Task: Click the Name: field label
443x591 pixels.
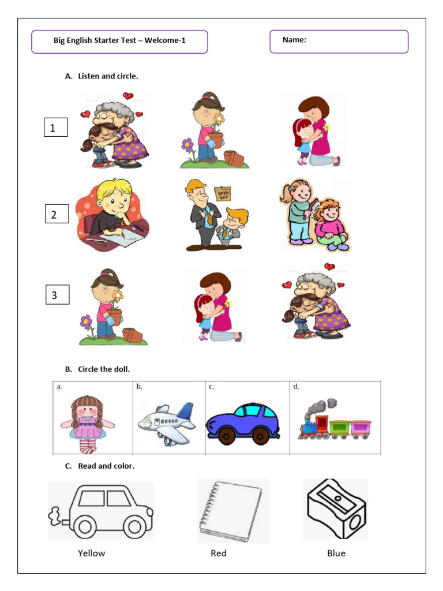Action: click(x=294, y=40)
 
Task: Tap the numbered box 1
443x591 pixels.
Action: click(x=56, y=128)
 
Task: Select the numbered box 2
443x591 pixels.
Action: click(x=57, y=215)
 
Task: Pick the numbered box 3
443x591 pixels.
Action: click(x=57, y=295)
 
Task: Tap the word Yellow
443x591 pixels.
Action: click(x=92, y=553)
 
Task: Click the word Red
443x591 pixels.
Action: click(x=219, y=553)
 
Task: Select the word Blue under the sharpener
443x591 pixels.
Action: click(x=336, y=553)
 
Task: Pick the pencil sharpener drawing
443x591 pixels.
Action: click(x=336, y=508)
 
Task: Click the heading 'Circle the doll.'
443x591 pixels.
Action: click(x=108, y=369)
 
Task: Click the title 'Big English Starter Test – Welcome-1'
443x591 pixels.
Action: click(x=119, y=40)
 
